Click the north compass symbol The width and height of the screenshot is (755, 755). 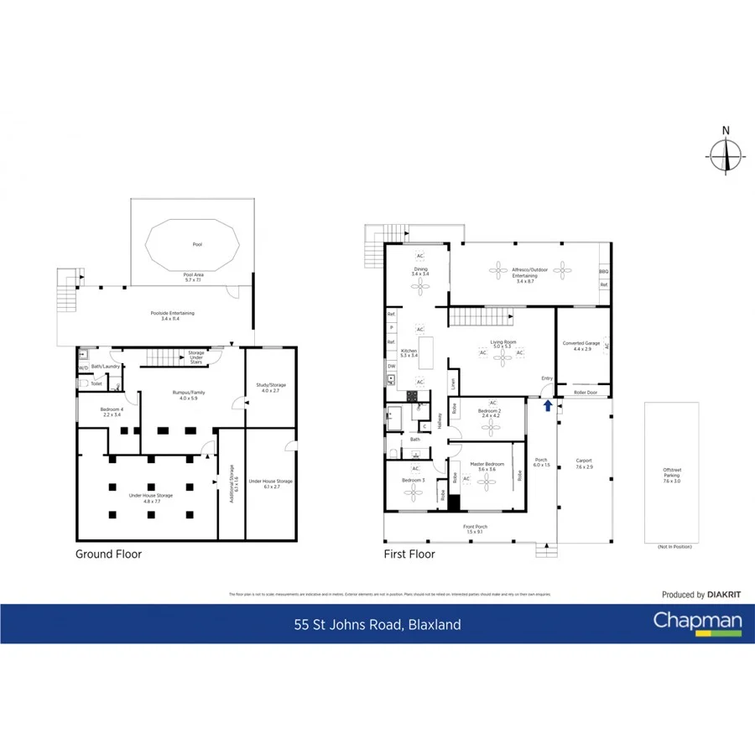pyautogui.click(x=726, y=154)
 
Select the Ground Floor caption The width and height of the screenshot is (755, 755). pyautogui.click(x=109, y=554)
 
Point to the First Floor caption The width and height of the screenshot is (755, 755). pyautogui.click(x=409, y=554)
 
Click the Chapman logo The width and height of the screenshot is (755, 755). pyautogui.click(x=698, y=623)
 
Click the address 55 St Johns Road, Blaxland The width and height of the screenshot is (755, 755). pyautogui.click(x=377, y=624)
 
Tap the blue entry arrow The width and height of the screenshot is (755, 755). pyautogui.click(x=548, y=406)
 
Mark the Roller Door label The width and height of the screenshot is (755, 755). pyautogui.click(x=586, y=392)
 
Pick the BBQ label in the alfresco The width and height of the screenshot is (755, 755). pyautogui.click(x=603, y=272)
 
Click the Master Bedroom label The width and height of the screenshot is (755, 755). pyautogui.click(x=487, y=464)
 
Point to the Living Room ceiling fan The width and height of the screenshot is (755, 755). pyautogui.click(x=502, y=357)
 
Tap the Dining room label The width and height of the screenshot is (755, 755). pyautogui.click(x=420, y=271)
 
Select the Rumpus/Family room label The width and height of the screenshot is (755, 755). pyautogui.click(x=192, y=393)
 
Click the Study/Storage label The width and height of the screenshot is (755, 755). pyautogui.click(x=270, y=386)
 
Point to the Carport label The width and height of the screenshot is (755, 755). pyautogui.click(x=584, y=461)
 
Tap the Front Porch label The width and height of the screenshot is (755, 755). pyautogui.click(x=475, y=528)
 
